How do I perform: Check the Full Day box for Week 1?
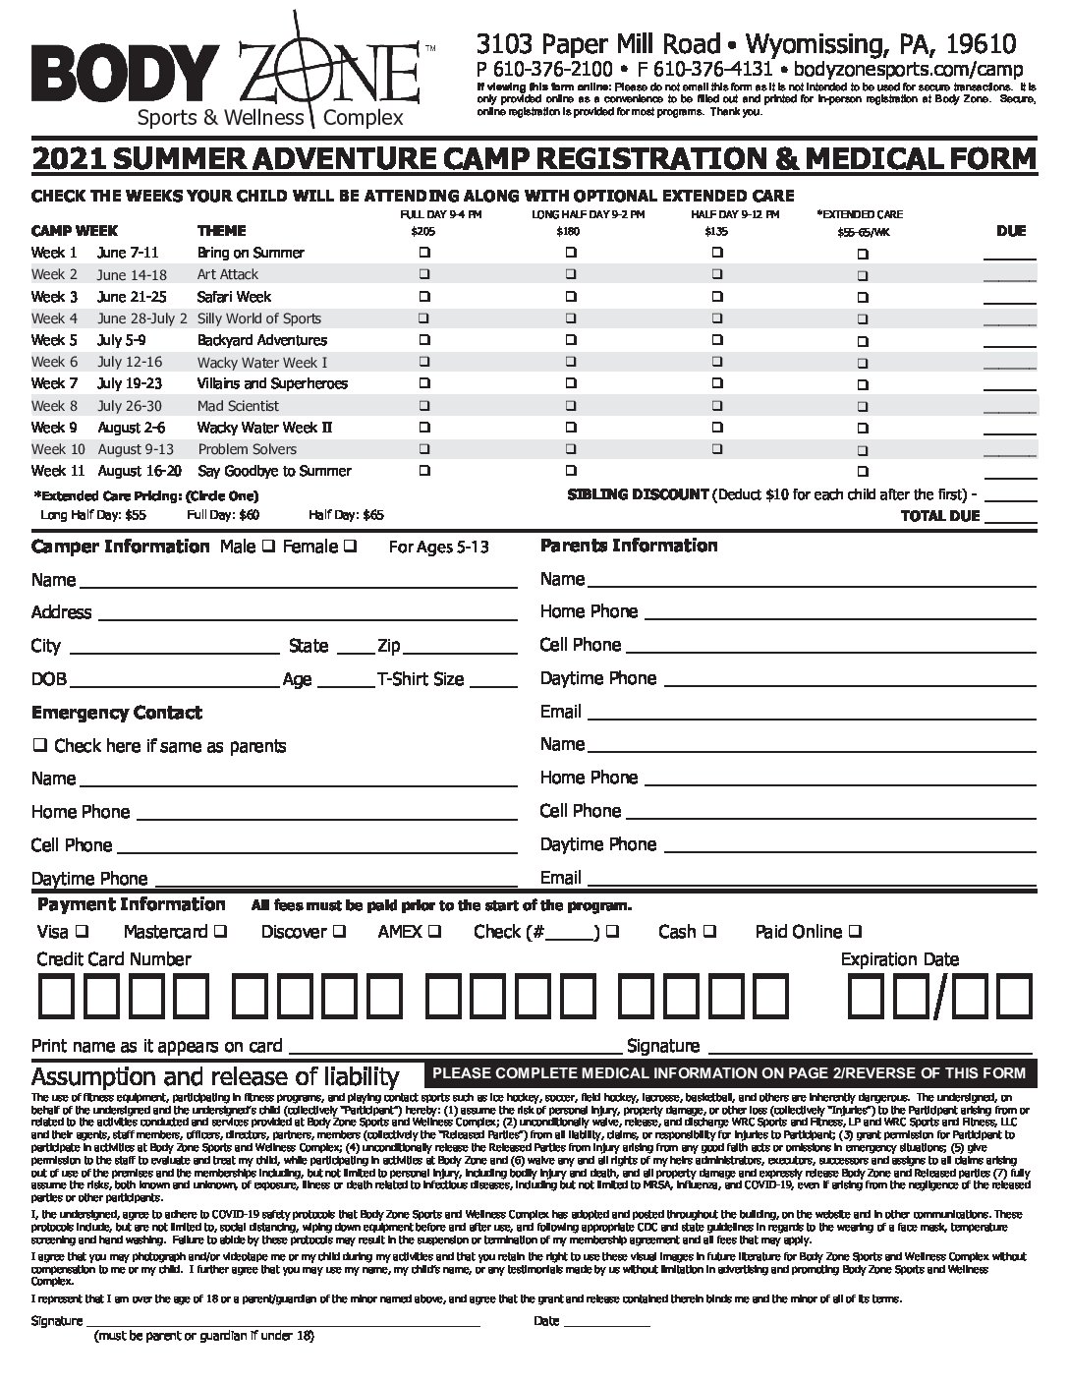pos(425,253)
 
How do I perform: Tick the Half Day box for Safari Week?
pos(717,296)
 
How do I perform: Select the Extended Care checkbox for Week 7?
pos(863,384)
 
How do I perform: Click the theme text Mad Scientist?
pos(238,406)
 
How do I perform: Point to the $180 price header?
pos(568,232)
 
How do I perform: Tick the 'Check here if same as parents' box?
pos(40,745)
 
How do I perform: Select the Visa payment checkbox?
pos(82,931)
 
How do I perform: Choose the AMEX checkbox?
pos(434,931)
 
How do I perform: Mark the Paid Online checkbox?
pos(856,931)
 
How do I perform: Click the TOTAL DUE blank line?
pos(1010,521)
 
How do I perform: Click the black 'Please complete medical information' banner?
pos(729,1073)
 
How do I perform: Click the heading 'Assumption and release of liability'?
pos(215,1076)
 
